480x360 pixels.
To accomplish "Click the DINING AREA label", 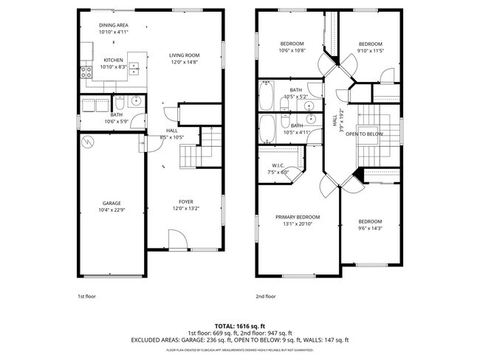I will pyautogui.click(x=114, y=25).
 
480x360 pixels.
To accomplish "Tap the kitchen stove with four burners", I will pyautogui.click(x=83, y=72).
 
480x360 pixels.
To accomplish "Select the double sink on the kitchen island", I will pyautogui.click(x=134, y=69).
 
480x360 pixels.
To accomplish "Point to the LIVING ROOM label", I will pyautogui.click(x=185, y=55).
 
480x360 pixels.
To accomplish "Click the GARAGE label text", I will pyautogui.click(x=112, y=203).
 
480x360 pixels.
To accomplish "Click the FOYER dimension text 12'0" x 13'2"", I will pyautogui.click(x=185, y=208).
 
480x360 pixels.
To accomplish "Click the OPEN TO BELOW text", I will pyautogui.click(x=364, y=134).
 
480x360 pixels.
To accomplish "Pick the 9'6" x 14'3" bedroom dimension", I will pyautogui.click(x=370, y=228).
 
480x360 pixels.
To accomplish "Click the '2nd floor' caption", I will pyautogui.click(x=266, y=297).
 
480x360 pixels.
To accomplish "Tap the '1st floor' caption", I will pyautogui.click(x=86, y=297).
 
